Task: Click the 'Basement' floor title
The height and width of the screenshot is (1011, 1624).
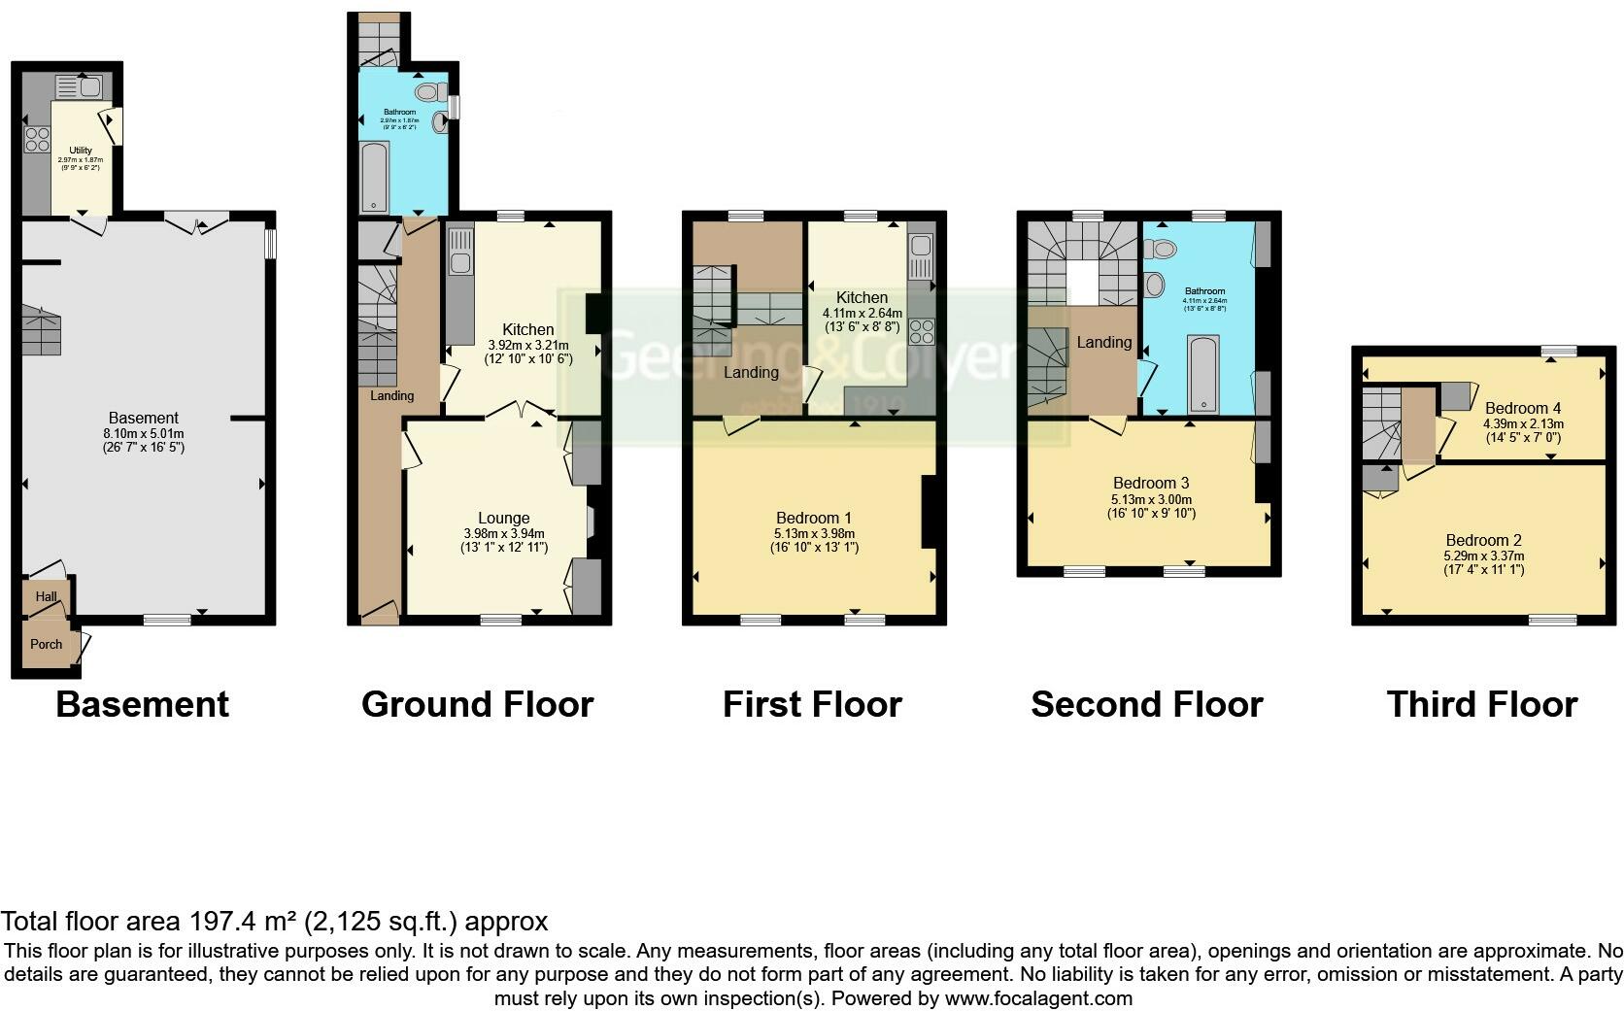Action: (142, 704)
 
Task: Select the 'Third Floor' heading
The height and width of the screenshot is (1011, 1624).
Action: (1481, 704)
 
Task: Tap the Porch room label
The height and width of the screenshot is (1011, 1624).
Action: (46, 644)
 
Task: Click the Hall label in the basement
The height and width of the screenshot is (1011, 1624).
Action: (46, 597)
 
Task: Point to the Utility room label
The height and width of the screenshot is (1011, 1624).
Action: (81, 151)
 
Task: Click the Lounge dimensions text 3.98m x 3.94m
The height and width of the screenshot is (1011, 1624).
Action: (503, 533)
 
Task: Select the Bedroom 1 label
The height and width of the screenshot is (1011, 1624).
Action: (814, 518)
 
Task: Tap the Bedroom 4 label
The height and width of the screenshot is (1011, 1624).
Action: (1522, 409)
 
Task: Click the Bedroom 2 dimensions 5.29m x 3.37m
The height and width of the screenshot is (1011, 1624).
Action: (1483, 556)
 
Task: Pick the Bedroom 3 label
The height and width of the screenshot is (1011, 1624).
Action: (1150, 483)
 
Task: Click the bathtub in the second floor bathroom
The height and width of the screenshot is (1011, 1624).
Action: (1203, 373)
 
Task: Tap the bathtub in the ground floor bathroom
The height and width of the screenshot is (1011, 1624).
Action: (374, 177)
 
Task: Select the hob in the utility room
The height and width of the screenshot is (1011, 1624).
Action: (37, 139)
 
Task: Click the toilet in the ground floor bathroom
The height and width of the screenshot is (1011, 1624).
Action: (427, 92)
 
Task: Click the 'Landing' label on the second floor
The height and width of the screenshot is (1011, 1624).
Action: (1103, 342)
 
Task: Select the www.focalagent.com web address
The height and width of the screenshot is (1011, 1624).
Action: (1037, 997)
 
